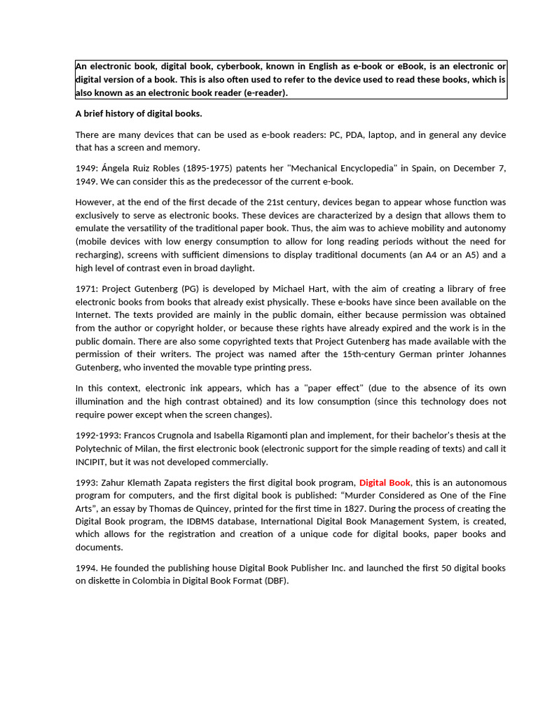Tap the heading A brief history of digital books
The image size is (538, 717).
tap(139, 113)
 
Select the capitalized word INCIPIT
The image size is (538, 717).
tap(93, 461)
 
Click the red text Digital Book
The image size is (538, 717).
tap(385, 482)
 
